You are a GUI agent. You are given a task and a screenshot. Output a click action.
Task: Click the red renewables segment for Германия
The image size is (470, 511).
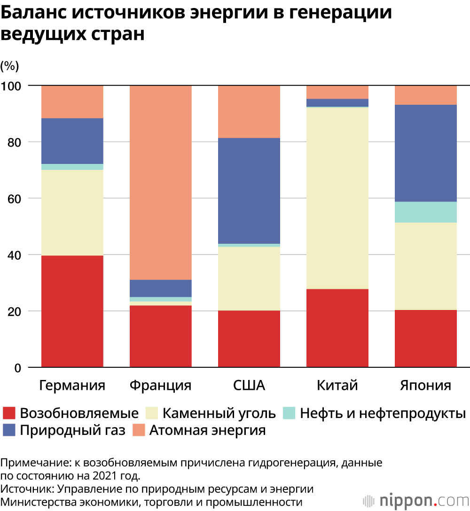[x=72, y=311]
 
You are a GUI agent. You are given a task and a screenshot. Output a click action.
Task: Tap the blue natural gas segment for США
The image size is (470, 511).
[x=249, y=191]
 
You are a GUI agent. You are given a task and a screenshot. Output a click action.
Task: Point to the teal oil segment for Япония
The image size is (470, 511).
[x=425, y=212]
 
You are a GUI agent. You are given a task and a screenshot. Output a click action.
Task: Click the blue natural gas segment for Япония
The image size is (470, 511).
[x=425, y=153]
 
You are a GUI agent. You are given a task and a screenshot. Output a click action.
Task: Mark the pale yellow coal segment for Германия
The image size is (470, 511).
[x=72, y=212]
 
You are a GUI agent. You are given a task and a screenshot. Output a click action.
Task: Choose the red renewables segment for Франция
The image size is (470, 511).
[x=160, y=336]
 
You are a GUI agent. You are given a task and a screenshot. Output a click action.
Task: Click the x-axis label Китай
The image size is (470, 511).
[x=337, y=386]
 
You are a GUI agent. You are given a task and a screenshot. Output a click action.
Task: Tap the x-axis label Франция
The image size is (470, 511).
[x=160, y=386]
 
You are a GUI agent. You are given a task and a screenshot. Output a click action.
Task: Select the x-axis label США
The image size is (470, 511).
[x=249, y=386]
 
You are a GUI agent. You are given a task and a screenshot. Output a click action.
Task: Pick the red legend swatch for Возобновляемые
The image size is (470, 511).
[x=9, y=413]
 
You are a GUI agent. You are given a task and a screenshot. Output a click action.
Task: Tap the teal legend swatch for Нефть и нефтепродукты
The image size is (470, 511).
[x=288, y=413]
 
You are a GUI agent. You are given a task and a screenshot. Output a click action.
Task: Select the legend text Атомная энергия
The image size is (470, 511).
[x=207, y=430]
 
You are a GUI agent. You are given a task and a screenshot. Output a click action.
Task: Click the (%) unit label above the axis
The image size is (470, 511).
[x=9, y=66]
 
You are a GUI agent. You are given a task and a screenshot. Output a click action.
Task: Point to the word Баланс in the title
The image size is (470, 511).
[x=33, y=13]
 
